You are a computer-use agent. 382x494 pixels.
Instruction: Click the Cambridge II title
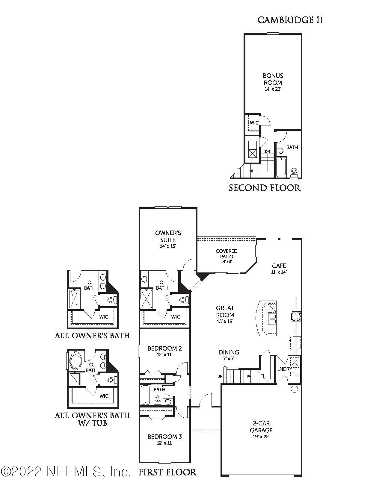(290, 20)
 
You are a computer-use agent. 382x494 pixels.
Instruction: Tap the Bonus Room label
(273, 79)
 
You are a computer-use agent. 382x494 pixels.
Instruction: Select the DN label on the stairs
(268, 152)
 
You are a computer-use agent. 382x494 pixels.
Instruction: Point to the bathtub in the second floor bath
(281, 168)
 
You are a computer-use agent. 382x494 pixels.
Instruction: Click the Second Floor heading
(265, 188)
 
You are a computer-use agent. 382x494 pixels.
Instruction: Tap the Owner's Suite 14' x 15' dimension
(168, 246)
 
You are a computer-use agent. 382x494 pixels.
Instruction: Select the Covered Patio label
(227, 254)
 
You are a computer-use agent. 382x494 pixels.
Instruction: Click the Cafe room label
(279, 266)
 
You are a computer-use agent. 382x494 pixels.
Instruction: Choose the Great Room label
(225, 311)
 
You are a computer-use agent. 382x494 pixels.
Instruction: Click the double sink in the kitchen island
(272, 319)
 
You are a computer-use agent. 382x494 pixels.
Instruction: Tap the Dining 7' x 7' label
(229, 355)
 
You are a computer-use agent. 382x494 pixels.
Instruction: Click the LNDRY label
(284, 369)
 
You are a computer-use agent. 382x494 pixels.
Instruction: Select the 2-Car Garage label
(261, 427)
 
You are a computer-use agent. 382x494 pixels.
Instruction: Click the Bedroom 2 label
(164, 348)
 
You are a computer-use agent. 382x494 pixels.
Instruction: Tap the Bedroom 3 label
(164, 437)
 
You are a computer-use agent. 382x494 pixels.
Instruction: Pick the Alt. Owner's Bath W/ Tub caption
(92, 419)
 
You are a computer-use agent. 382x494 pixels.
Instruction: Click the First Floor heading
(167, 472)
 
